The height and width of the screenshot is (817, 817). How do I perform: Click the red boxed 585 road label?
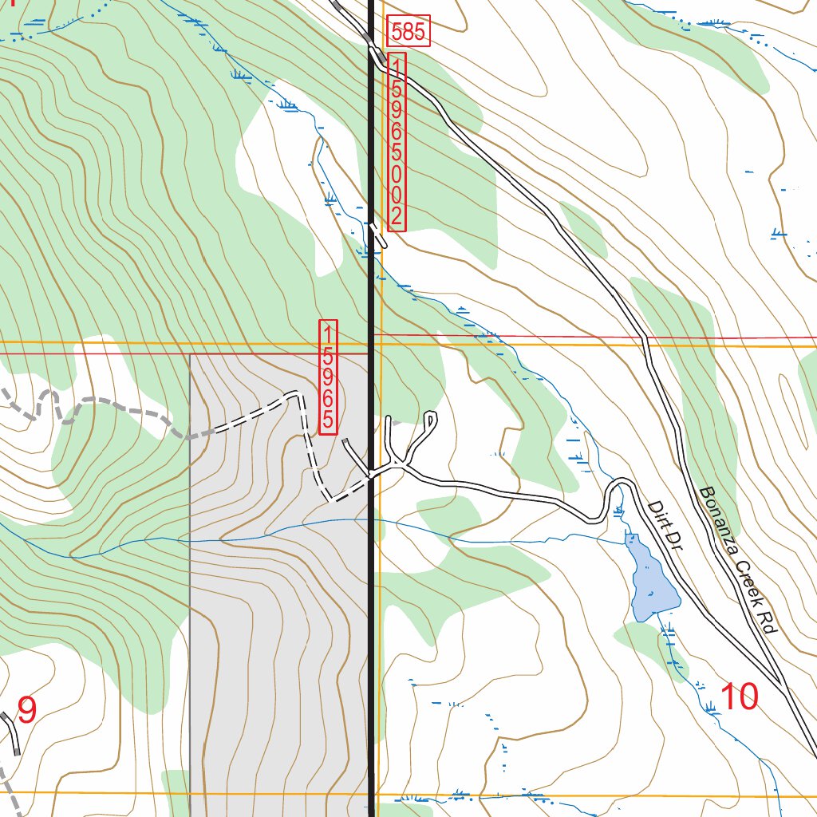point(408,32)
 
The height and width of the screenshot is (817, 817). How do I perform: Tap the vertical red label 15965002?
point(397,142)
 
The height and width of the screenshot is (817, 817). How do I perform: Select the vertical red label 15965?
point(328,377)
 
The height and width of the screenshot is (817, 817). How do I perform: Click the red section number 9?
point(26,710)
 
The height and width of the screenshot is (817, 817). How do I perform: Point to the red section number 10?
point(738,697)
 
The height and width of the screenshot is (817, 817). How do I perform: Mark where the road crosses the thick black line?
point(371,476)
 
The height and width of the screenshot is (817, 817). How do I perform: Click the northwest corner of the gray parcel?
point(191,354)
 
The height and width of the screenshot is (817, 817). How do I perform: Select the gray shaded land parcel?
point(279,638)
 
